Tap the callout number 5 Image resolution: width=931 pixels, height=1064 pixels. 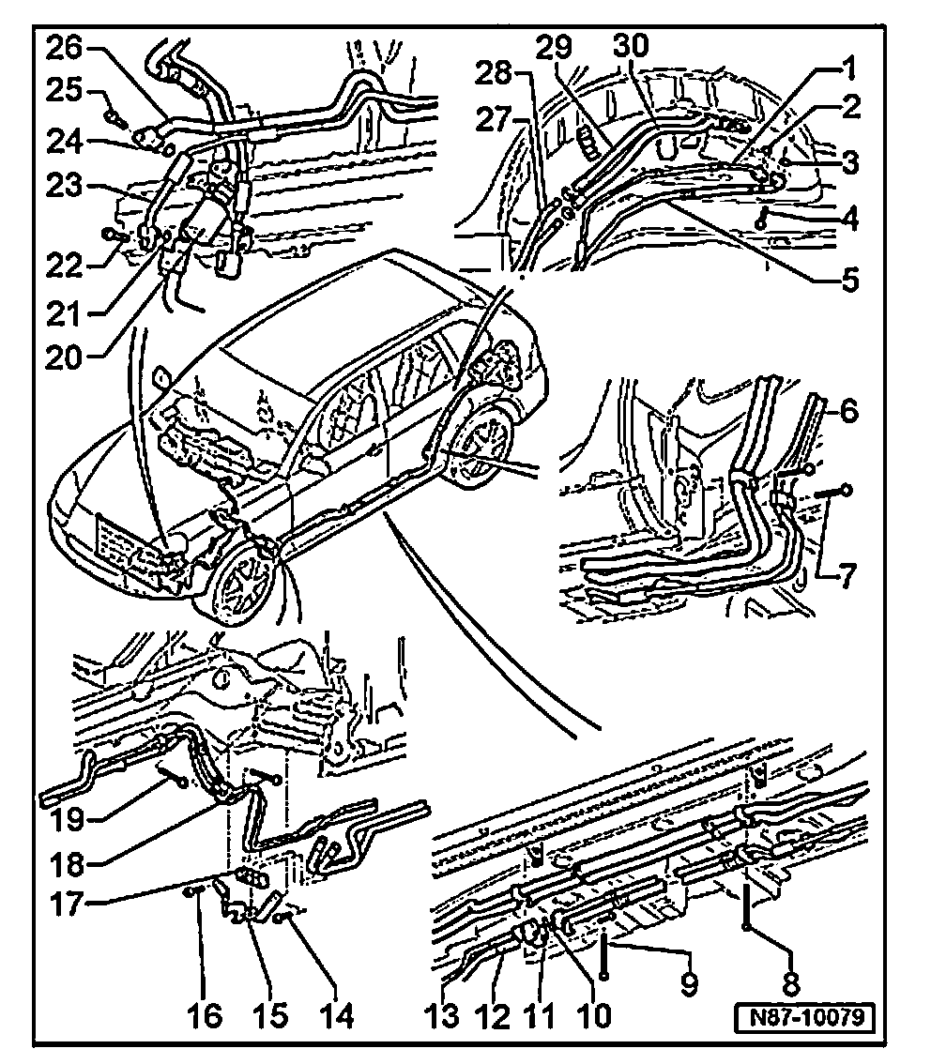(848, 281)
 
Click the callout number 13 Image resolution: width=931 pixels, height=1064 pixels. (446, 1016)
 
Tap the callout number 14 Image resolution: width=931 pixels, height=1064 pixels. (338, 1016)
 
